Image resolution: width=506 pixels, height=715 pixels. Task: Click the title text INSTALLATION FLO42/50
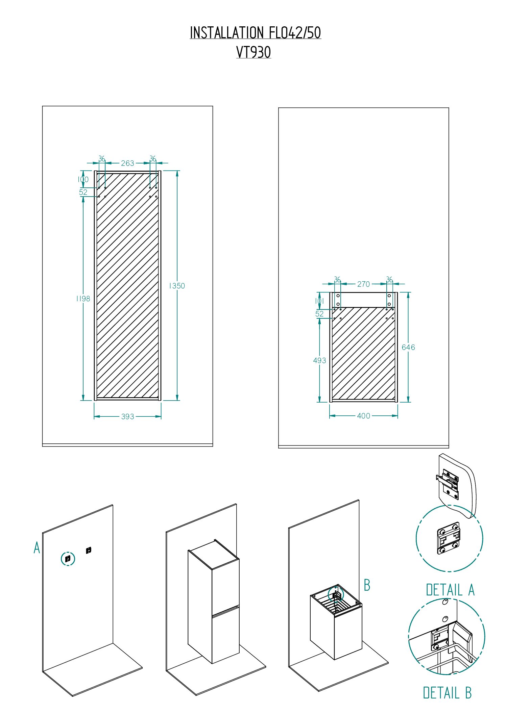click(x=255, y=33)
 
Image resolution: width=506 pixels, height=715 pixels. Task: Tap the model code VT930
click(x=254, y=52)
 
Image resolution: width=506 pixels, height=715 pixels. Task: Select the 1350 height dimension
click(x=177, y=286)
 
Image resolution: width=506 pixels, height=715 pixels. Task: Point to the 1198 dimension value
click(x=83, y=299)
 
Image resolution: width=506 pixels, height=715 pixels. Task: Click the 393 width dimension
click(x=128, y=416)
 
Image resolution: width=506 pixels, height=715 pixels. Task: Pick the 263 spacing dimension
click(x=127, y=163)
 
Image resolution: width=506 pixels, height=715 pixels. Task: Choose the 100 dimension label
click(x=83, y=179)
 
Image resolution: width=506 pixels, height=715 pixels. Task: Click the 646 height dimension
click(x=408, y=347)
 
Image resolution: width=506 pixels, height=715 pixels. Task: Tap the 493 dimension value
click(x=319, y=360)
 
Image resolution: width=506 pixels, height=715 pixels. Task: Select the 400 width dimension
click(x=364, y=416)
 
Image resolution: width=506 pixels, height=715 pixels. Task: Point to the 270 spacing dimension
click(x=364, y=284)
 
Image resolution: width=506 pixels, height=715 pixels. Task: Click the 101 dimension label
click(x=319, y=301)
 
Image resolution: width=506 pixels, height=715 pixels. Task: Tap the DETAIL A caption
click(x=450, y=590)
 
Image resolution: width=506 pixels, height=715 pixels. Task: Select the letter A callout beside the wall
click(x=37, y=547)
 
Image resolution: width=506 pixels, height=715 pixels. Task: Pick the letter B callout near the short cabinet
click(x=367, y=585)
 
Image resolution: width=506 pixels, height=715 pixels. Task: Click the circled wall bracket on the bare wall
click(x=68, y=559)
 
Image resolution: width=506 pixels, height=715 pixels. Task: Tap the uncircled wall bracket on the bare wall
click(x=89, y=550)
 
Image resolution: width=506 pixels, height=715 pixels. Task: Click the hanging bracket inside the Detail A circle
click(x=449, y=538)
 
